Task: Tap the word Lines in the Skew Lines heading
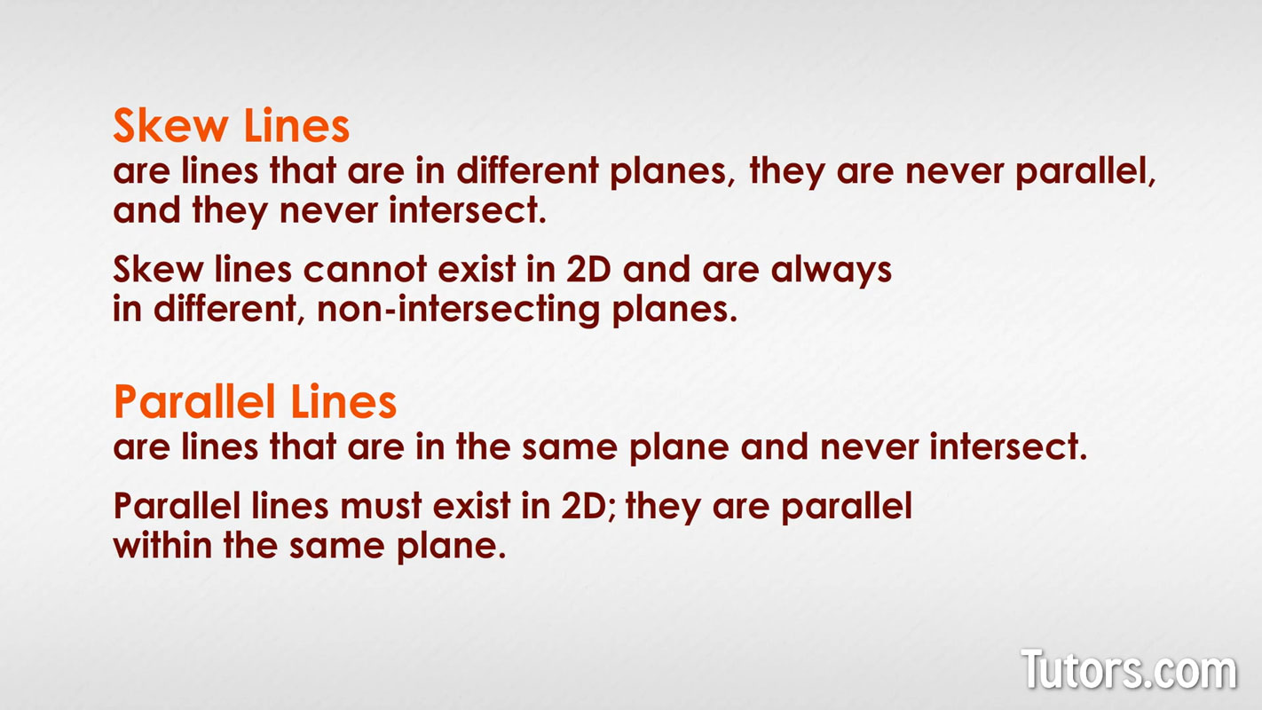[297, 125]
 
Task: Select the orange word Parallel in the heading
[194, 401]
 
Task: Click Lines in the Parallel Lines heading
[343, 401]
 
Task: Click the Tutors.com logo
[1129, 669]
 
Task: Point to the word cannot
[365, 269]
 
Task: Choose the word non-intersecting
[458, 310]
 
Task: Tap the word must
[381, 506]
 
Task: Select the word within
[162, 545]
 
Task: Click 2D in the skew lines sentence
[588, 269]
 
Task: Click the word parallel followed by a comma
[1085, 172]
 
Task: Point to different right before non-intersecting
[225, 309]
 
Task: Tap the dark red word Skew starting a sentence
[158, 269]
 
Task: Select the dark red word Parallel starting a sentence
[177, 506]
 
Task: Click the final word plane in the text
[451, 547]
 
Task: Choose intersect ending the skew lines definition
[468, 210]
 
